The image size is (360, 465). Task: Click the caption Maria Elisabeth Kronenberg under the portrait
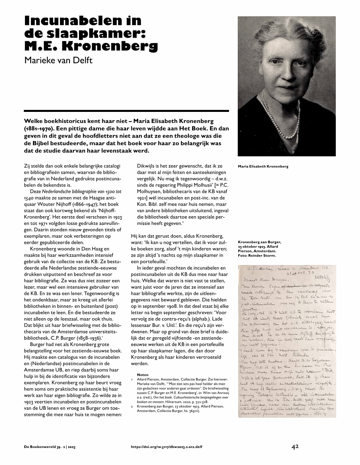coord(263,166)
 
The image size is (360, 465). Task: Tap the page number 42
coord(295,447)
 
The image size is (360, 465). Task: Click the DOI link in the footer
coord(166,447)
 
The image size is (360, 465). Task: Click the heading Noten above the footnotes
coord(142,375)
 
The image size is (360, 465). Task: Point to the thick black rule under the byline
coord(126,111)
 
